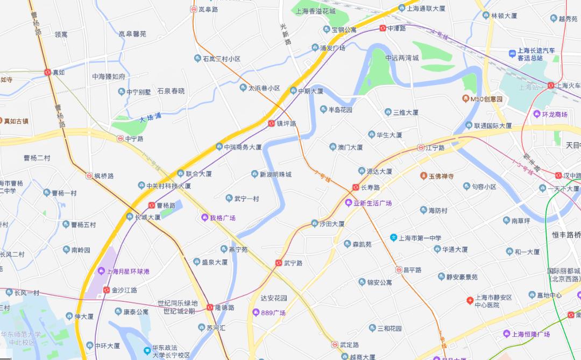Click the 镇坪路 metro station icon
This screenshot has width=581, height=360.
[272, 124]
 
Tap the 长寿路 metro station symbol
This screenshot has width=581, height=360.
[356, 187]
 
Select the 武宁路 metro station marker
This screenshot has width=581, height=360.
[279, 263]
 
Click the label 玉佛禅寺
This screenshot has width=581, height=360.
[441, 176]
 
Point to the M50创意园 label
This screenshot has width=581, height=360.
[486, 99]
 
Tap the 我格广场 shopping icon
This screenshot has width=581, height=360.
[204, 217]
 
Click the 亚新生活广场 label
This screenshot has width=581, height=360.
[372, 203]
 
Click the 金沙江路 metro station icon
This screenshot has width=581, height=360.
[107, 290]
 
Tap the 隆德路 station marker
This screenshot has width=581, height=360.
[210, 308]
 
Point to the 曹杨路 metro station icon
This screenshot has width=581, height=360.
[152, 206]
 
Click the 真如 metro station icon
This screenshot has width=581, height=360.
[48, 72]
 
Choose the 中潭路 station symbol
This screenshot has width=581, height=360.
[382, 28]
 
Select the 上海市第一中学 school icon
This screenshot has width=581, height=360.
[394, 237]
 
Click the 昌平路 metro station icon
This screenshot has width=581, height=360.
[399, 270]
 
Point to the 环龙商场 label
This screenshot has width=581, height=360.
[554, 114]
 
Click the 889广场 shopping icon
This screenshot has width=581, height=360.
[256, 313]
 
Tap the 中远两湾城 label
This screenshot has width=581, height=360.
[402, 58]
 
